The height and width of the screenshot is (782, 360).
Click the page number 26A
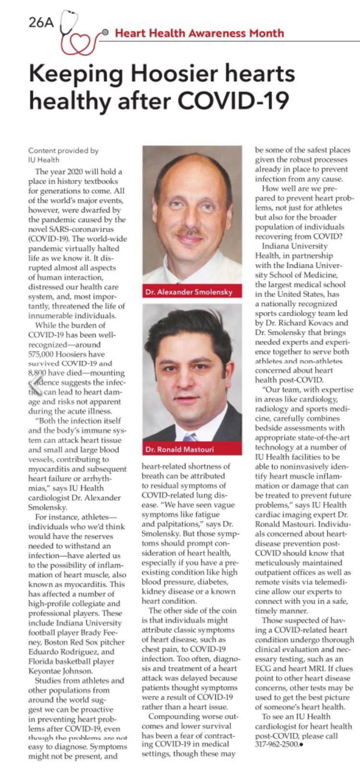click(42, 22)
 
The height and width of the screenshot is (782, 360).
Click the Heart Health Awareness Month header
click(199, 33)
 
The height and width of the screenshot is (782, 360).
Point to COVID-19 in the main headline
click(234, 101)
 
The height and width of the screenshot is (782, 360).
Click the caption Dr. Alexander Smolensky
click(189, 292)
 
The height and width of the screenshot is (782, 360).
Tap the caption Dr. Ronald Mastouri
click(179, 449)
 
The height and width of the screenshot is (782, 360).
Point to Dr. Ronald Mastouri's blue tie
click(190, 437)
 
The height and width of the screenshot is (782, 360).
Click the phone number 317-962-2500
click(275, 745)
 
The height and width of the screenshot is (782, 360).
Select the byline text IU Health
click(44, 160)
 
